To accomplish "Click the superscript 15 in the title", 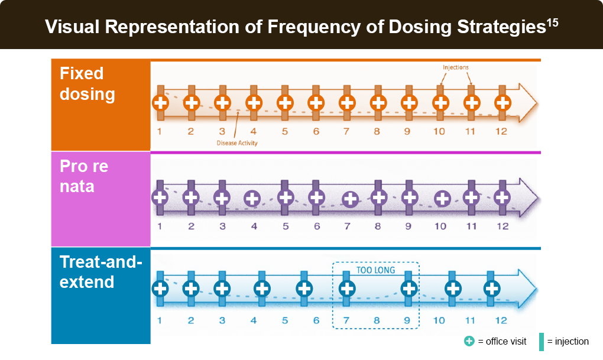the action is (552, 22).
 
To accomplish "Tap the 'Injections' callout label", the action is (456, 67).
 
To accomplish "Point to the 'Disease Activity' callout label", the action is (237, 143).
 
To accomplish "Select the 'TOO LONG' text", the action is (376, 270).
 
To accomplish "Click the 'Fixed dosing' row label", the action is (87, 84).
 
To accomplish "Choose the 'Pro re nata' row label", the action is (84, 176).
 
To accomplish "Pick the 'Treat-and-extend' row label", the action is (100, 272).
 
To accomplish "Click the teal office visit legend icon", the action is (469, 341).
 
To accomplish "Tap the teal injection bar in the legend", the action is (542, 342).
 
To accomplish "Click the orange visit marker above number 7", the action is (347, 103).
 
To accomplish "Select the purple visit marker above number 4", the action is (252, 199).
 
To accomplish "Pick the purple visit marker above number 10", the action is (442, 199).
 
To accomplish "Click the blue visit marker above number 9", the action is (409, 288).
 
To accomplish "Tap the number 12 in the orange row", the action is (501, 132).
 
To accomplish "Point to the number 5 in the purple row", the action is (286, 226).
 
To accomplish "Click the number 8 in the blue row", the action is (377, 320).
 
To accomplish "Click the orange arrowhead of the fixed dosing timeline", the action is (527, 103).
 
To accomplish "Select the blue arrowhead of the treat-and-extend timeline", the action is (527, 288).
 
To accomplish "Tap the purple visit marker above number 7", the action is (351, 199).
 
